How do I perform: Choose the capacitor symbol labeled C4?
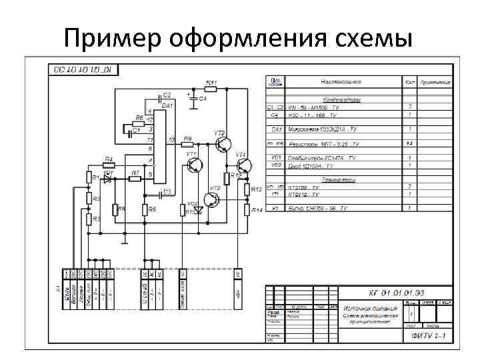[x=194, y=97]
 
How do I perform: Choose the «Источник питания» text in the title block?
[x=370, y=309]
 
